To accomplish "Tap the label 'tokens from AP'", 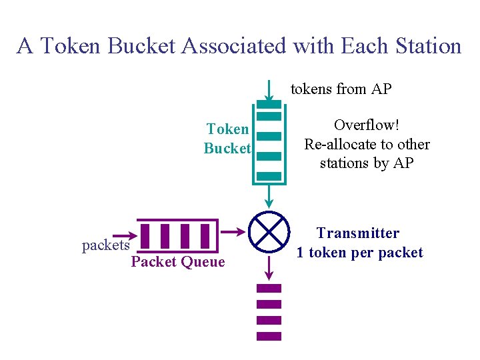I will coord(341,89).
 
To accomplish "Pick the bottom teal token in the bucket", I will coord(269,176).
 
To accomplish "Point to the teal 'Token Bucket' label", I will coord(227,139).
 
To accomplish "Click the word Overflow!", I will coord(366,125).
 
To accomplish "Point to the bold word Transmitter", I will coord(358,233).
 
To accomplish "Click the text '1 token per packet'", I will coord(360,253).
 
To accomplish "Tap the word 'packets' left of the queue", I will coord(105,245).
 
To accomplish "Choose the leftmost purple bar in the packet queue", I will coord(145,236).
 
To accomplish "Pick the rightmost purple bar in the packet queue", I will coord(205,236).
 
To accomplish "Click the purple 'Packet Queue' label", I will coord(178,262).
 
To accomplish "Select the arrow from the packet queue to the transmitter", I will coord(233,231).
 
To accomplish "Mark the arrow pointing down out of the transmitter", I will coord(269,267).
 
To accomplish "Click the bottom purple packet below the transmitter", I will coord(269,337).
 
